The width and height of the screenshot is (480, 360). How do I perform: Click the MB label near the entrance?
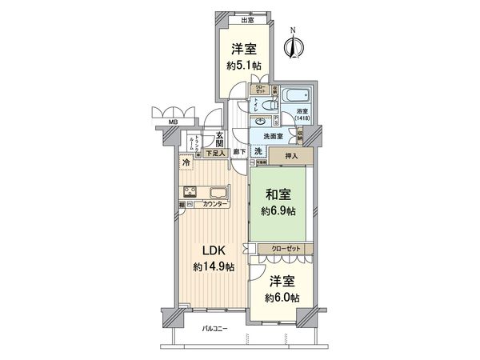tap(172, 122)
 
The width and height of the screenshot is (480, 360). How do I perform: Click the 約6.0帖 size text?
tap(283, 298)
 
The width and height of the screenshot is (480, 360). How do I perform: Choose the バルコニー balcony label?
tap(214, 330)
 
